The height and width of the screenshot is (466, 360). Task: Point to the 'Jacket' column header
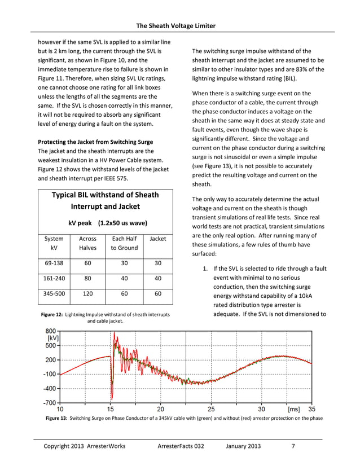coord(158,239)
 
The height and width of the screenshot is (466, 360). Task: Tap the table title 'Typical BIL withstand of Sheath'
coord(105,195)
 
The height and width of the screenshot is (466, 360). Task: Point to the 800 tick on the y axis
coord(51,331)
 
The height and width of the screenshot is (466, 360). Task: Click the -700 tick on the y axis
coord(50,403)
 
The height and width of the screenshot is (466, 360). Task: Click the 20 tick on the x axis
coord(161,410)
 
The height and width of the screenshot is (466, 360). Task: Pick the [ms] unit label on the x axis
coord(293,410)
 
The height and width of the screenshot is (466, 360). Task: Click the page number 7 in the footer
coord(293,447)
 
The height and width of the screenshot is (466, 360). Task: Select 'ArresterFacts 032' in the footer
coord(183,447)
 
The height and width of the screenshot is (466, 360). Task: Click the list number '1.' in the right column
coord(205,269)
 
